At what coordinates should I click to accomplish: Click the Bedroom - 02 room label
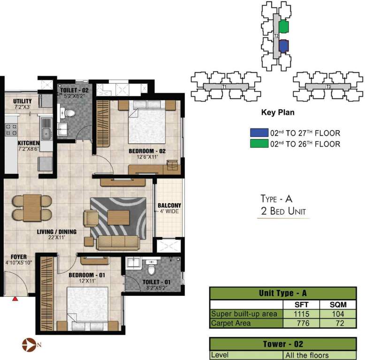(x=147, y=151)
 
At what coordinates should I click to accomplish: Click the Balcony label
(x=169, y=205)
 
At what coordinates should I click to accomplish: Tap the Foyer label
(x=16, y=257)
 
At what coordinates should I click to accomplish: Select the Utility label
(x=22, y=101)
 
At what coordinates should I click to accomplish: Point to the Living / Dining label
(x=57, y=232)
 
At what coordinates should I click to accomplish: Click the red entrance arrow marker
(x=15, y=298)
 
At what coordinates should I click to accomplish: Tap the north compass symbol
(x=29, y=345)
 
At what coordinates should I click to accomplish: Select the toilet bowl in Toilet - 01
(x=152, y=270)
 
